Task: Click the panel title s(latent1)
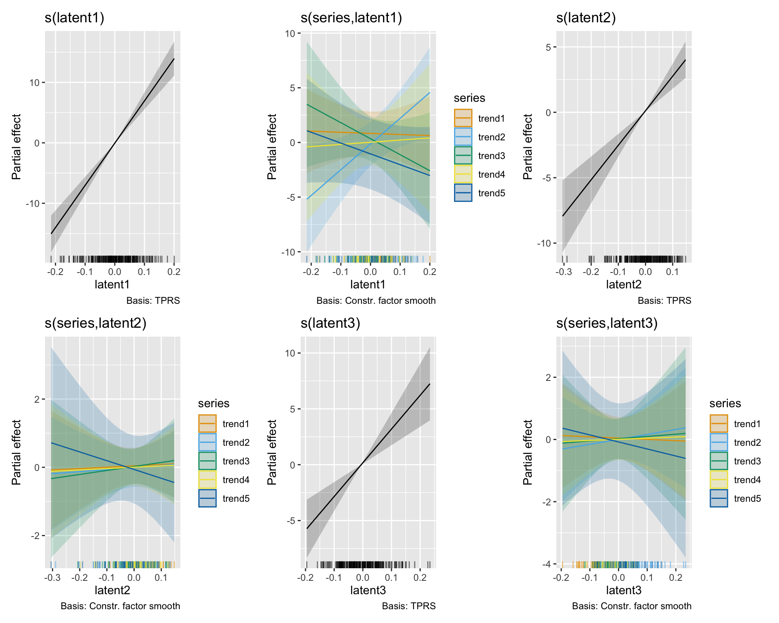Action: pos(75,18)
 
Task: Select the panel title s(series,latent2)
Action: pos(95,323)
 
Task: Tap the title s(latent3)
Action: pos(330,323)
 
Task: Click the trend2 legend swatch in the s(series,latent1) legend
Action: pos(463,137)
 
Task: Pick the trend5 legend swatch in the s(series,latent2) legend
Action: pos(207,498)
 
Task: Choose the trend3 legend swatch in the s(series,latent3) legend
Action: pos(719,461)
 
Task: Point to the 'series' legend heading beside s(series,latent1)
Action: pos(469,98)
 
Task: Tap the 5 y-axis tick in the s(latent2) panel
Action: pos(548,47)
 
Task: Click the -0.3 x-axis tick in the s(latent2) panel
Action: pos(563,272)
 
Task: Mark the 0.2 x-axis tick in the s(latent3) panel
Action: pos(420,578)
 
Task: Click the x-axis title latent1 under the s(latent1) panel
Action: pos(112,285)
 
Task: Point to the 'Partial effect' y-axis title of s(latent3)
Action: pos(272,452)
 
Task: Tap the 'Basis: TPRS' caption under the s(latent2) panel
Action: pos(664,301)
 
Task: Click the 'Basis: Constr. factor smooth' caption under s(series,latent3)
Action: pos(631,606)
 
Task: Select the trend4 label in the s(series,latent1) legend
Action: pos(491,174)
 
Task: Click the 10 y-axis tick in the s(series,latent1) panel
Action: pos(290,34)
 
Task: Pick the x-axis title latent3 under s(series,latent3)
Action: pos(624,591)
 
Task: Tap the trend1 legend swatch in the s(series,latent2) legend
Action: pos(207,424)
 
